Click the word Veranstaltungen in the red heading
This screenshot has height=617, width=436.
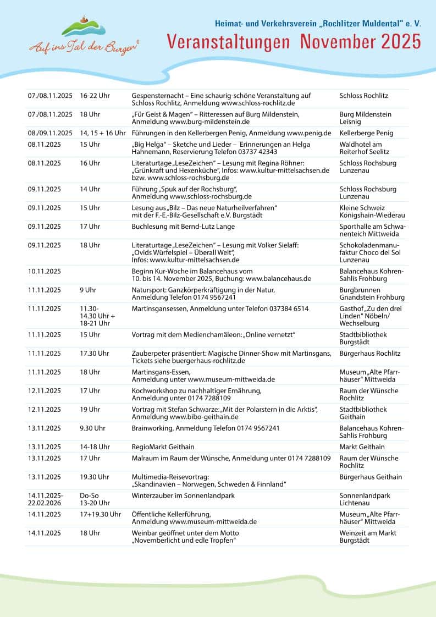pyautogui.click(x=228, y=42)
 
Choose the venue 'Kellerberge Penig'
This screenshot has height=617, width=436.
pyautogui.click(x=366, y=133)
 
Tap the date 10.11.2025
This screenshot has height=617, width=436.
pyautogui.click(x=45, y=271)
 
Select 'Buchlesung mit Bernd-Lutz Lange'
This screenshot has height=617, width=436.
pyautogui.click(x=183, y=227)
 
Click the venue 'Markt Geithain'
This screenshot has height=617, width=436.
pyautogui.click(x=362, y=447)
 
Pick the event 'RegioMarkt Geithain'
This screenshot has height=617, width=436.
pyautogui.click(x=163, y=447)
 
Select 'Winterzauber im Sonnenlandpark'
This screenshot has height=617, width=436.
pyautogui.click(x=183, y=495)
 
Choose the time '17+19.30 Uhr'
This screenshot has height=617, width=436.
pyautogui.click(x=100, y=514)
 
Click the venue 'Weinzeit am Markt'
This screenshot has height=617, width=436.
pyautogui.click(x=367, y=533)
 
